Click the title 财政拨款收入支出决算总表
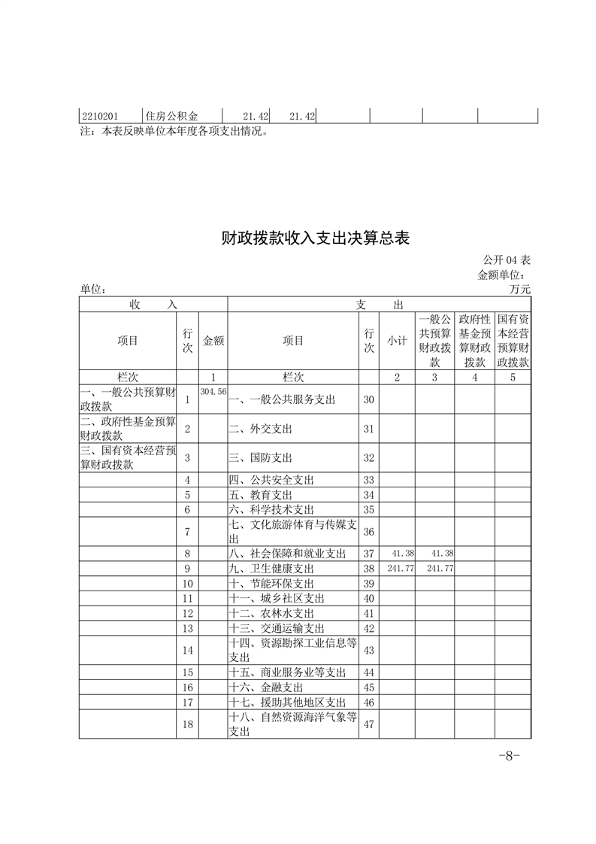click(315, 238)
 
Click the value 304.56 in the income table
click(213, 392)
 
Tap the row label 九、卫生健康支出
click(271, 569)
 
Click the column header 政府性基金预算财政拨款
click(474, 341)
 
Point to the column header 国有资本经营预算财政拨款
click(513, 341)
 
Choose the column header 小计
click(397, 341)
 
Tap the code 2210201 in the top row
click(99, 116)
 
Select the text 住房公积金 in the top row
click(171, 116)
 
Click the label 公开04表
click(507, 260)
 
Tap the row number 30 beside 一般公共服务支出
click(368, 399)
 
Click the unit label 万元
click(519, 289)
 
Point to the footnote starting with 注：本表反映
click(174, 131)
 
